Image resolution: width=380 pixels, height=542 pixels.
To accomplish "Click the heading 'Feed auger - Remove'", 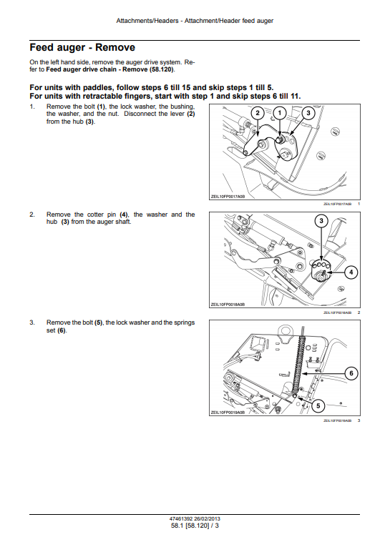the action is pyautogui.click(x=82, y=47).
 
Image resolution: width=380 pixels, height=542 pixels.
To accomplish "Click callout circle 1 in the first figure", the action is pyautogui.click(x=280, y=113).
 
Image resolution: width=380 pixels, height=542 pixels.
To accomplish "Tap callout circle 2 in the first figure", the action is pyautogui.click(x=258, y=113).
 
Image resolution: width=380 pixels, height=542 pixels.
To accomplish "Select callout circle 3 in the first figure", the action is pyautogui.click(x=308, y=113).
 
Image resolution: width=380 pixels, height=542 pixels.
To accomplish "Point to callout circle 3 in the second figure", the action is pyautogui.click(x=321, y=221).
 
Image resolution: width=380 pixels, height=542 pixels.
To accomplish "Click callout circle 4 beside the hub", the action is pyautogui.click(x=351, y=272).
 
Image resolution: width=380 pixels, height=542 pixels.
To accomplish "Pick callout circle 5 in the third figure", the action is pyautogui.click(x=318, y=405).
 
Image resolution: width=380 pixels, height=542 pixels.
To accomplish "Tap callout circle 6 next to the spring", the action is pyautogui.click(x=351, y=373).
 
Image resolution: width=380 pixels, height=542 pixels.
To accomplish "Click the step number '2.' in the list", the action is pyautogui.click(x=32, y=215).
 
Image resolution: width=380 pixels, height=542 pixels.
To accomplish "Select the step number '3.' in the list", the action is pyautogui.click(x=32, y=322).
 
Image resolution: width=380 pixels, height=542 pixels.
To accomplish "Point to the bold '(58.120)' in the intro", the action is pyautogui.click(x=162, y=69).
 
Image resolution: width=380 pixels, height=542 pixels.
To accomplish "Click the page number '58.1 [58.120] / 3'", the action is pyautogui.click(x=195, y=526).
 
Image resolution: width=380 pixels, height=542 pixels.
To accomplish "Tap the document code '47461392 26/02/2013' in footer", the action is pyautogui.click(x=195, y=519).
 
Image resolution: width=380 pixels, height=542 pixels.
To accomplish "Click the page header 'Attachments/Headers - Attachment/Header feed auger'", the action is pyautogui.click(x=195, y=21).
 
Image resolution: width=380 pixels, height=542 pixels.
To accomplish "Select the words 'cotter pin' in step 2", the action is pyautogui.click(x=102, y=215).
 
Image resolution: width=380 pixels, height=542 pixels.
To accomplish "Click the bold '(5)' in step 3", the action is pyautogui.click(x=99, y=322).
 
